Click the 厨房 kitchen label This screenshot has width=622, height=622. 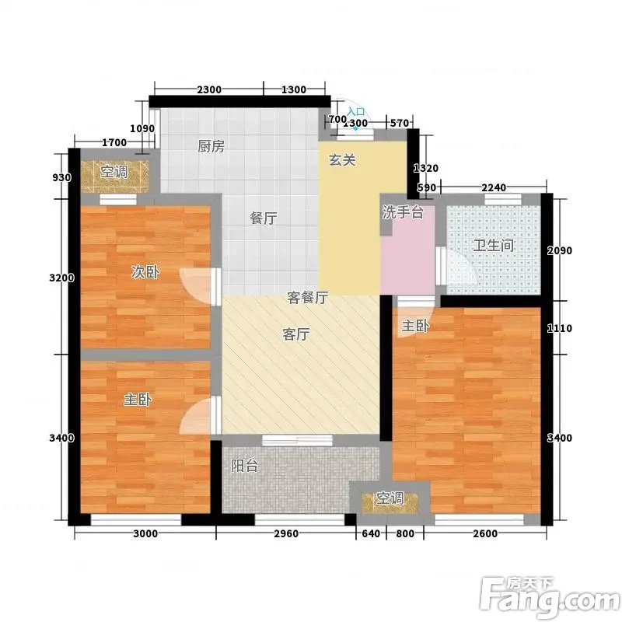211,146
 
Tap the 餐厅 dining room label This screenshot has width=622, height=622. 264,218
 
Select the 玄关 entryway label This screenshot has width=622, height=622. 342,160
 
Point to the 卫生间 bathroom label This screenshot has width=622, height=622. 494,246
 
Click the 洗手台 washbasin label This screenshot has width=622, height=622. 403,212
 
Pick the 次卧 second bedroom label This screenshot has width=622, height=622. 145,272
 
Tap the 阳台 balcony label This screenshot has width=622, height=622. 245,466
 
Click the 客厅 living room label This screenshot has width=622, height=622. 296,334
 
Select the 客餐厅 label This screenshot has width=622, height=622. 308,298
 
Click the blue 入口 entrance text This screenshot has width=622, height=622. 356,112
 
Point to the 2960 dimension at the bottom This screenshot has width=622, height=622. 286,533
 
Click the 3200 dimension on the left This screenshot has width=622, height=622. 62,278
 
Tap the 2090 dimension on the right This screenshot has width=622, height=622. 560,250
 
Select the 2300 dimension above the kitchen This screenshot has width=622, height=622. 209,89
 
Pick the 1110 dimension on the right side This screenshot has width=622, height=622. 560,328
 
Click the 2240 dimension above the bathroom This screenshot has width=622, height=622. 494,187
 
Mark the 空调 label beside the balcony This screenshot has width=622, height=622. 390,498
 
